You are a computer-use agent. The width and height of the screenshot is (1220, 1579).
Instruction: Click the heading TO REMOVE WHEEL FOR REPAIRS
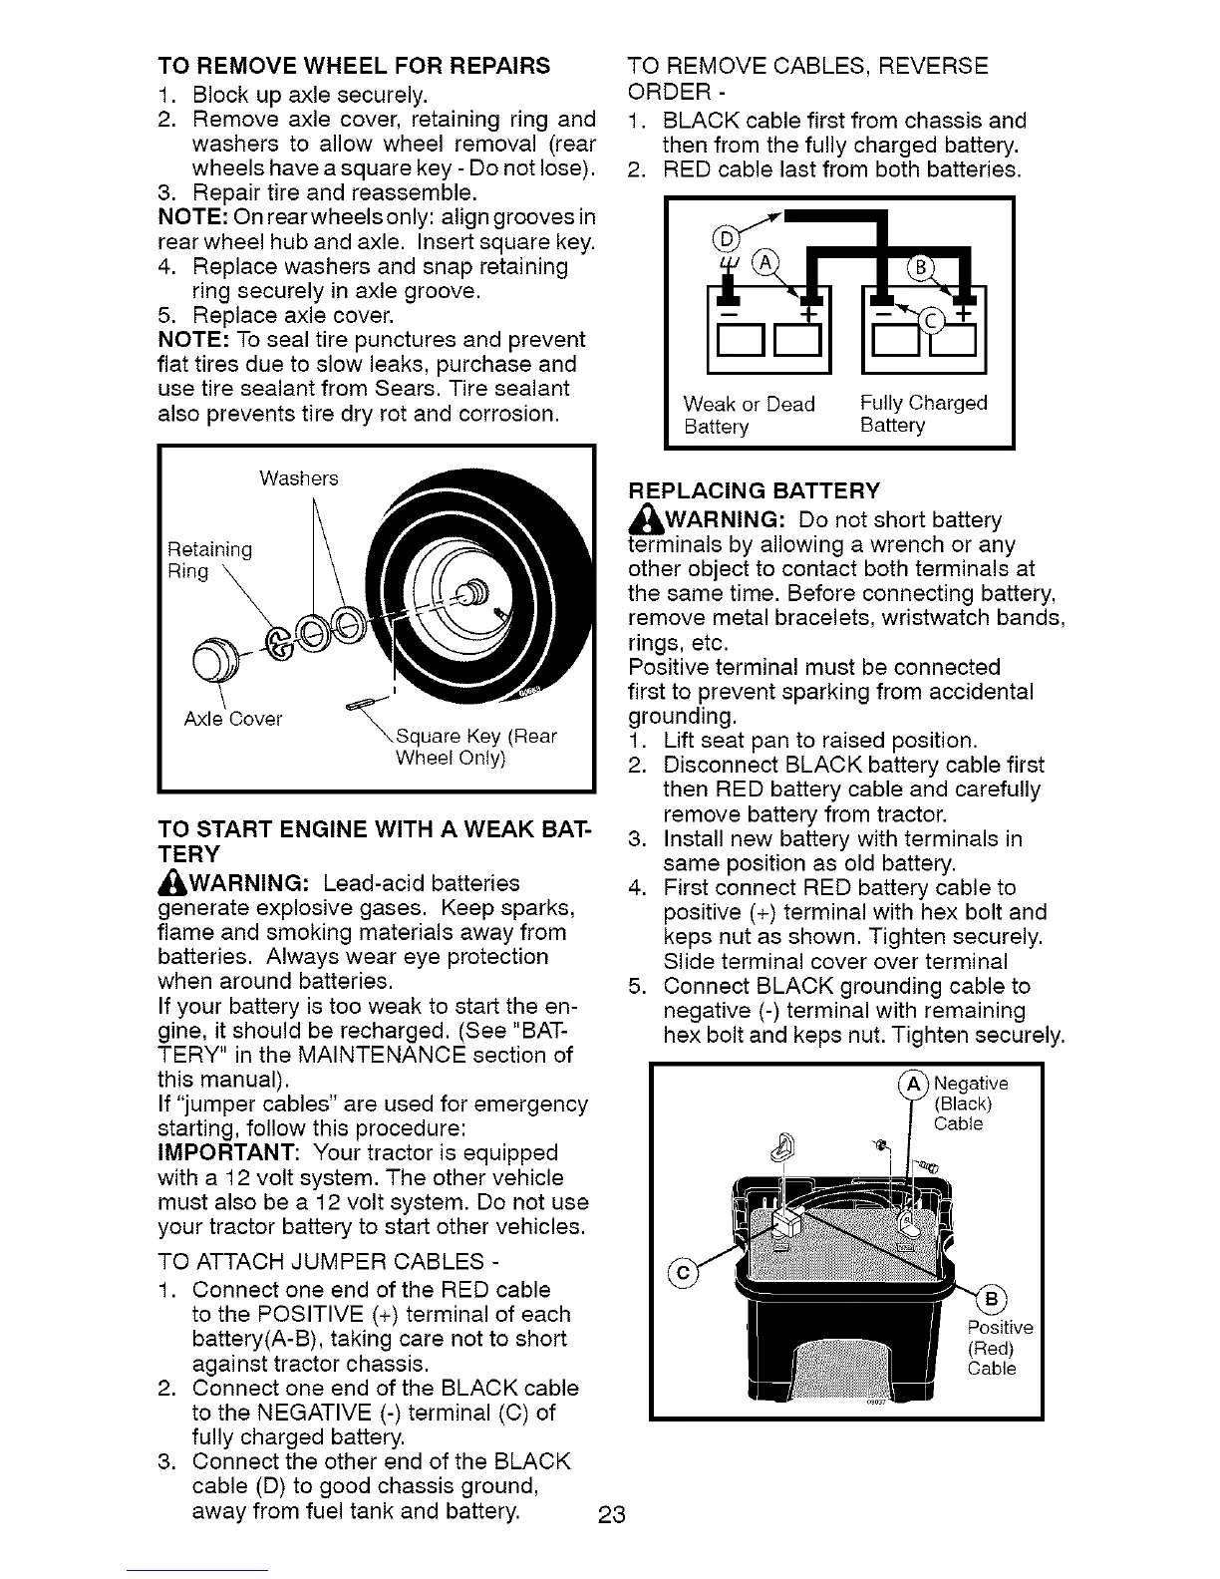click(x=354, y=67)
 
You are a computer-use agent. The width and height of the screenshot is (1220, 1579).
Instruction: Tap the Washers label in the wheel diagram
click(x=298, y=478)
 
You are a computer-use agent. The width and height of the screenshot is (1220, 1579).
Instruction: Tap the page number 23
click(x=611, y=1516)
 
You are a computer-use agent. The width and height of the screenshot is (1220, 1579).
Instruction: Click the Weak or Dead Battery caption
click(x=749, y=415)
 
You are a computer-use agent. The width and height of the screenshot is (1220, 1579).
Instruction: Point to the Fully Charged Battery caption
click(x=923, y=414)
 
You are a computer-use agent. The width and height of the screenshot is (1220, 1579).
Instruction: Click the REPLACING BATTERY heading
click(x=755, y=490)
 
